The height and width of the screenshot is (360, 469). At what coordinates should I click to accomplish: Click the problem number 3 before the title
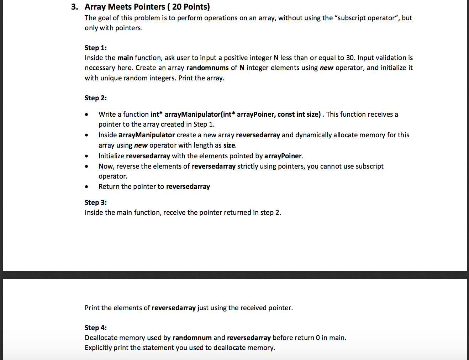pos(74,7)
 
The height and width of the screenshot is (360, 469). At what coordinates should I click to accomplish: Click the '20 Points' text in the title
pos(190,7)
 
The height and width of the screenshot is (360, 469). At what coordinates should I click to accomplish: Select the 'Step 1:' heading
pos(95,48)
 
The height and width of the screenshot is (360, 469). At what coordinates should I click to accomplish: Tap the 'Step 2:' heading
pos(95,98)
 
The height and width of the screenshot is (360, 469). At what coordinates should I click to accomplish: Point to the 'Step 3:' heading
pos(95,202)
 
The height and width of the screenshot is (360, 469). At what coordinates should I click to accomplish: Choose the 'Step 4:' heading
pos(95,328)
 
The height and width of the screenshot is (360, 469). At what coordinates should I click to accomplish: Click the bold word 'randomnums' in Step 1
pos(207,68)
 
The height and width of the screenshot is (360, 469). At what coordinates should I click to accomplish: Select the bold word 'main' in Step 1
pos(125,58)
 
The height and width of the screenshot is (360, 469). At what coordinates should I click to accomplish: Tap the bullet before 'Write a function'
pos(86,115)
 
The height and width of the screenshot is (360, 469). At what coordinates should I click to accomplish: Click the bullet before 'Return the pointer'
pos(86,187)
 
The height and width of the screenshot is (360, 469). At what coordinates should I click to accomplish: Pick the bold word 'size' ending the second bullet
pos(229,145)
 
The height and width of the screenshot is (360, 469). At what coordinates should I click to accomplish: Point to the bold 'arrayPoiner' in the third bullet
pos(283,156)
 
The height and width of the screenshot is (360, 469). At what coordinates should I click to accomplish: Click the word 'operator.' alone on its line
pos(113,176)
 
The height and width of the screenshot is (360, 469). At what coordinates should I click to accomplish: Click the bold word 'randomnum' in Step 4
pos(192,338)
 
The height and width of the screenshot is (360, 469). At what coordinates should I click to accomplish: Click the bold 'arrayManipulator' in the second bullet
pos(147,135)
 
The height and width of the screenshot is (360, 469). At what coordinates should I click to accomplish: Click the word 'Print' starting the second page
pos(92,308)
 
